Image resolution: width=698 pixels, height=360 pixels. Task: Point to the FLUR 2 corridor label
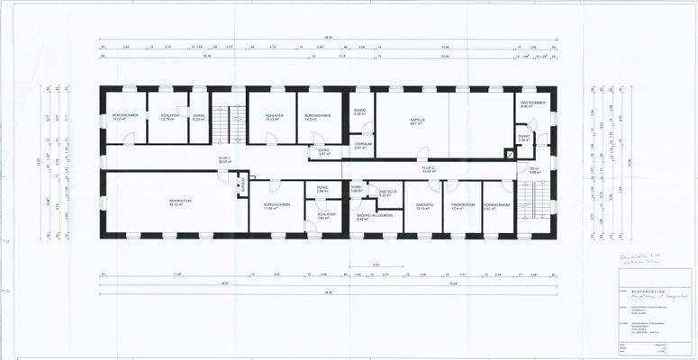(429, 167)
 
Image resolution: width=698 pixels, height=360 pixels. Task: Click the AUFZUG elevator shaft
(241, 184)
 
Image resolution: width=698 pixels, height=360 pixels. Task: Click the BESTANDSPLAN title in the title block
(646, 292)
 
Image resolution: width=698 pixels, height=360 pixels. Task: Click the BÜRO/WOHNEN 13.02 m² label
(123, 117)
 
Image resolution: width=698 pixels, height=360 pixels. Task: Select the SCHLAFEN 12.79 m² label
(168, 117)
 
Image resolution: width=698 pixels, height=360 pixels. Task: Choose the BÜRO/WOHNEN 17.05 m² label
(275, 206)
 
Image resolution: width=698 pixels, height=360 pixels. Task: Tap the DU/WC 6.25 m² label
(200, 117)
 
